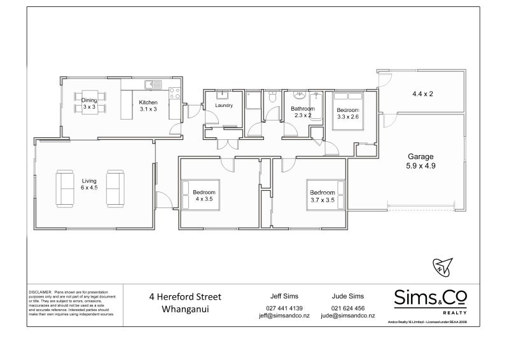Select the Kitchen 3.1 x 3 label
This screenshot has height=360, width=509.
tap(148, 106)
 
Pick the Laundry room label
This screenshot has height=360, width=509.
tap(223, 106)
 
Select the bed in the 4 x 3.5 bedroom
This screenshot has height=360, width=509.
tap(204, 195)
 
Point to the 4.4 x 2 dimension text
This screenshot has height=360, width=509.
tap(422, 93)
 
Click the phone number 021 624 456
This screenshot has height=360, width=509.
tap(348, 307)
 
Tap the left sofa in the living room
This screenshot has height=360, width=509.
tap(66, 188)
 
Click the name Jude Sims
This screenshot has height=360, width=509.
tap(348, 296)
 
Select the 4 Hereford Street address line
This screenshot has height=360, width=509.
tap(185, 296)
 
